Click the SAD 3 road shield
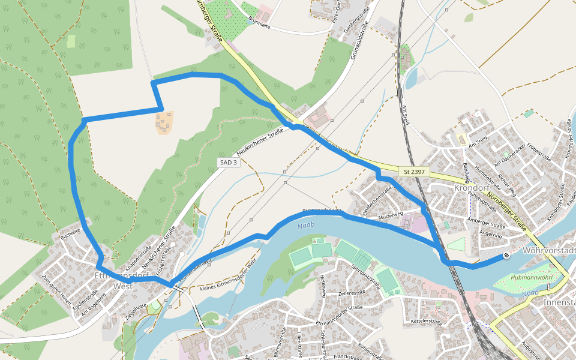click(228, 163)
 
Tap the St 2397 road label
click(415, 172)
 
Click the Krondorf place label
click(473, 187)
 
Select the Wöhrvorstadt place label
click(549, 250)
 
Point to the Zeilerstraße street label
click(351, 293)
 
